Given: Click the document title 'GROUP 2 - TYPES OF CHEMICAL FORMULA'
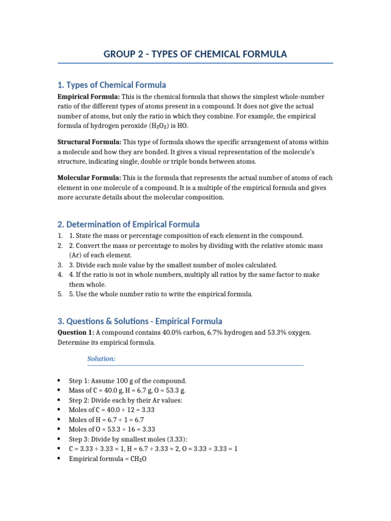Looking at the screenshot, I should coord(195,54).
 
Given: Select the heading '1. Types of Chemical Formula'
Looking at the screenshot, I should coord(111,85).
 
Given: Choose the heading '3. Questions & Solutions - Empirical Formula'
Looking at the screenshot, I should coord(139,321).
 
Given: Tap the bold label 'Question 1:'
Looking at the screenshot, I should coord(75,333).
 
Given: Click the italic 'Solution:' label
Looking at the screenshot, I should coord(101,359).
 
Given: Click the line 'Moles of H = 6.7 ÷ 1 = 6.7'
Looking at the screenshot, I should coord(107,420).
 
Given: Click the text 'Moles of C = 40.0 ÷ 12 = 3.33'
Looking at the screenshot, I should coord(111,410).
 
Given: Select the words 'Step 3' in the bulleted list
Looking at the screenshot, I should coord(78,439).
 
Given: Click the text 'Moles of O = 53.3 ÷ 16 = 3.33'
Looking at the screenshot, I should coord(111,429).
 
